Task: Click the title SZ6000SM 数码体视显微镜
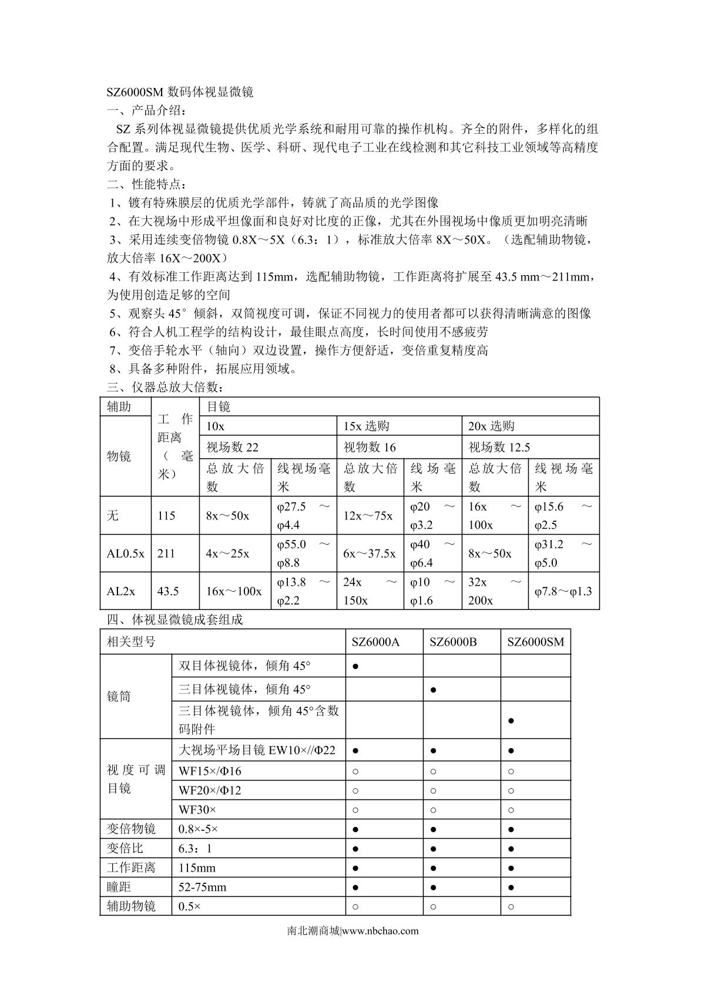[180, 92]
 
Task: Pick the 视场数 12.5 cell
[499, 447]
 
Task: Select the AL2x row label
[121, 591]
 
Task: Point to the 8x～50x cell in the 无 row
[227, 516]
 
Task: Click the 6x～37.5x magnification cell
[370, 553]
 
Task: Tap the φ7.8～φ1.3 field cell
[563, 591]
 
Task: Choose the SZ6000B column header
[453, 642]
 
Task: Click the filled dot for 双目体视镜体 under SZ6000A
[356, 667]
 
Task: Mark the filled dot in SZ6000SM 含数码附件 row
[511, 721]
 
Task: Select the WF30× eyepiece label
[197, 809]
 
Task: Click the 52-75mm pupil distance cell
[202, 887]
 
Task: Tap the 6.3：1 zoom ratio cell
[195, 848]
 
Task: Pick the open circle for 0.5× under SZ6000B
[433, 906]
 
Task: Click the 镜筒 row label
[119, 697]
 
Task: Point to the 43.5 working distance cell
[168, 591]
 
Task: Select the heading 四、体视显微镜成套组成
[174, 619]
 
